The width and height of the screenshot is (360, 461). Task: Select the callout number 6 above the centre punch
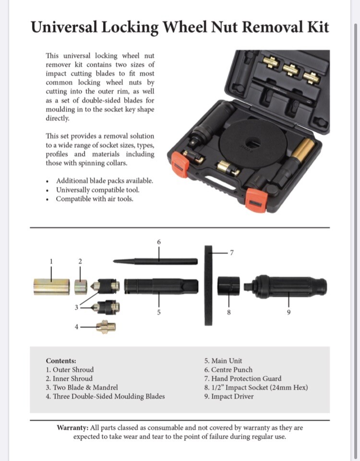[x=159, y=242]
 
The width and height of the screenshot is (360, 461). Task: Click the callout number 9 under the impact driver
[x=288, y=313]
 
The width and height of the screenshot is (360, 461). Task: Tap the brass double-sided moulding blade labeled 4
[x=107, y=327]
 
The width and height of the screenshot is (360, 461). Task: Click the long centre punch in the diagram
[x=155, y=261]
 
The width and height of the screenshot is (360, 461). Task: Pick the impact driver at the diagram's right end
[x=288, y=286]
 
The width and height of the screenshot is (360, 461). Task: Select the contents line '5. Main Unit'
[x=223, y=361]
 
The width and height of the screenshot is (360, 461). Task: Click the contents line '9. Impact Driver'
[x=228, y=396]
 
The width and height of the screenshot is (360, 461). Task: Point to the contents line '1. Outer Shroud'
[x=70, y=370]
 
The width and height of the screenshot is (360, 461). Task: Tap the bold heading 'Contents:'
[x=61, y=361]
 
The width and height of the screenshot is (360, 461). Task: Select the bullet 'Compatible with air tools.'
[x=95, y=199]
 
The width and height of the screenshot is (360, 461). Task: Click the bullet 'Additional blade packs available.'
[x=105, y=181]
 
